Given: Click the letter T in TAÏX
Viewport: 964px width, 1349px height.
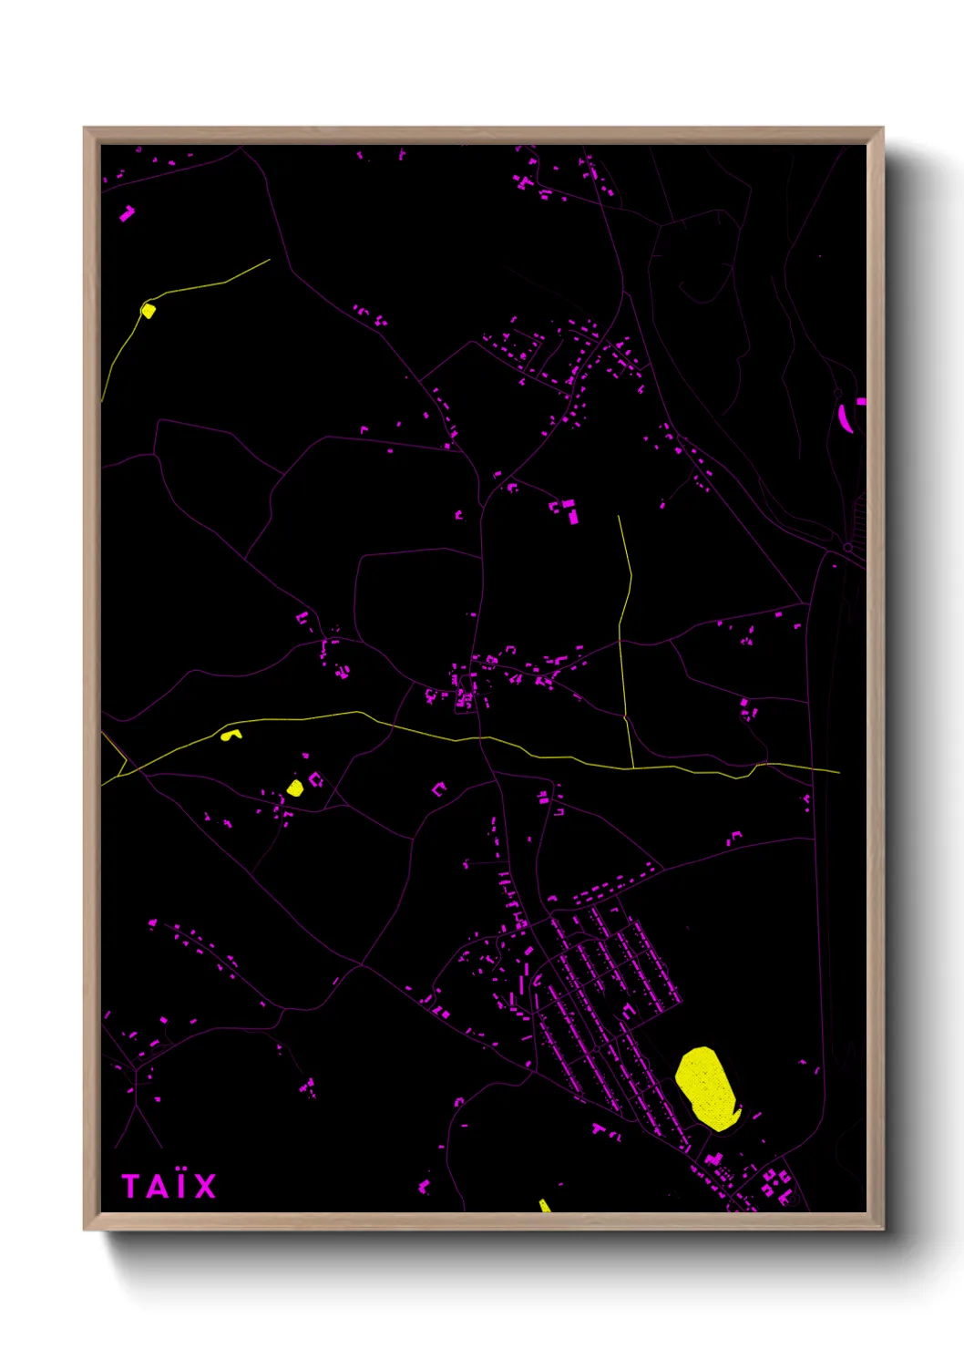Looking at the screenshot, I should pos(131,1186).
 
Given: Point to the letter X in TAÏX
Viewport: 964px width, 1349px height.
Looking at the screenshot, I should pos(204,1187).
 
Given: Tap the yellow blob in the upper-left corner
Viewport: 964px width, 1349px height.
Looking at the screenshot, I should pos(148,310).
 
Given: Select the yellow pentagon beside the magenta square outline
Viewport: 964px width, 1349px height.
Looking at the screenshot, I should pos(294,788).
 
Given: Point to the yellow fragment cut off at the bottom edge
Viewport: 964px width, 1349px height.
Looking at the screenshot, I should pos(544,1206).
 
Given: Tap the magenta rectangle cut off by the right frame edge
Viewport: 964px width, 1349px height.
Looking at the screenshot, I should pos(861,401).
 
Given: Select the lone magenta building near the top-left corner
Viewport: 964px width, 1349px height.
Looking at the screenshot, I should pos(127,214).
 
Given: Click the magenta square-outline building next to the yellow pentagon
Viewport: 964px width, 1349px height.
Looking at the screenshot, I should pos(316,779).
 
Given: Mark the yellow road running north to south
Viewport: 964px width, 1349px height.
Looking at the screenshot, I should pos(624,638).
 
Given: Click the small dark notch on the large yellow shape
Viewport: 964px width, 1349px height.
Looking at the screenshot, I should pos(734,1110).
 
